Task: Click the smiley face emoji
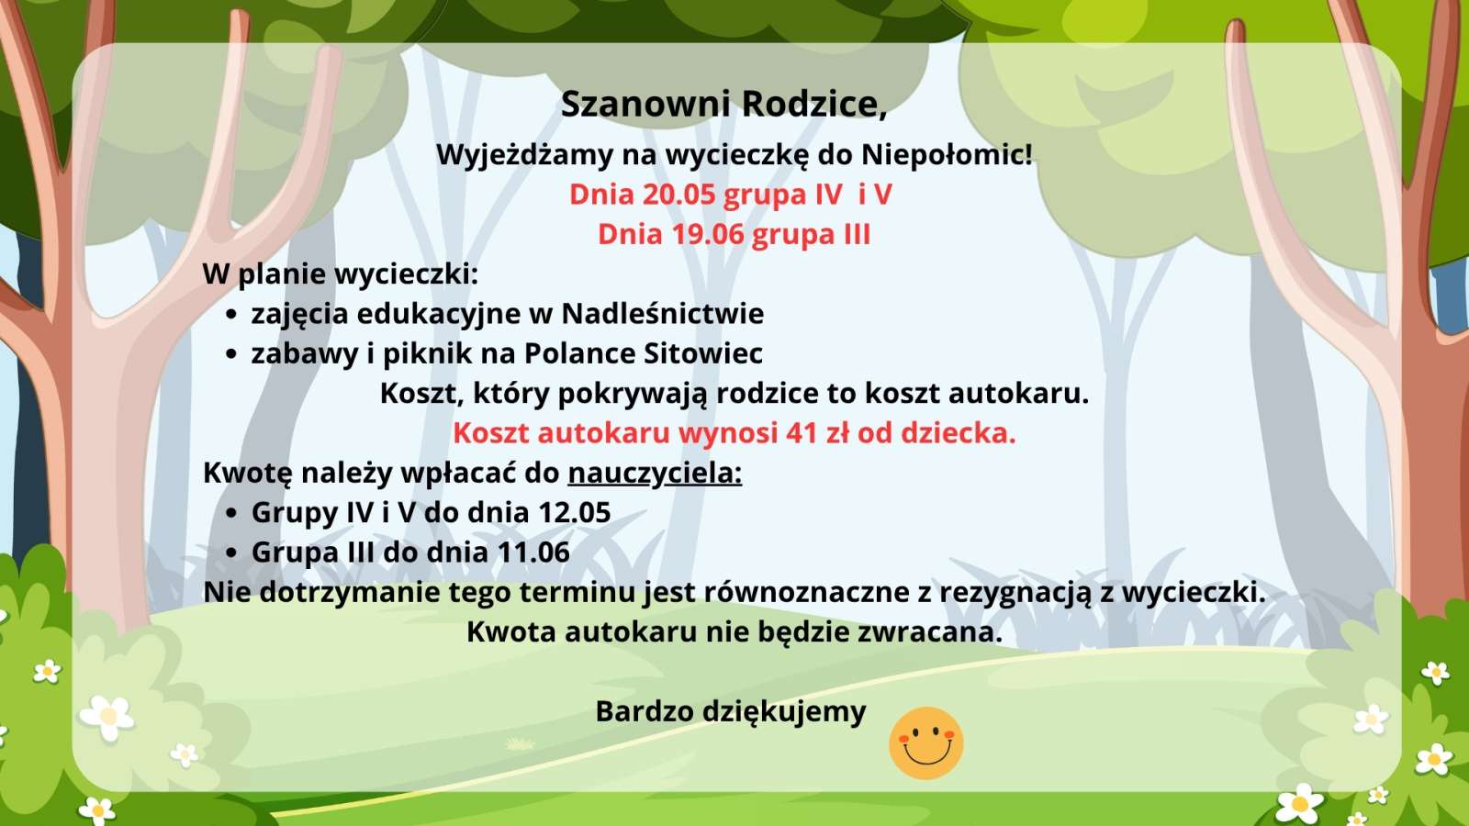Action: point(926,742)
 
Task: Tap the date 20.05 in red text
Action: point(678,195)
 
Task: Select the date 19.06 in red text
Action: point(708,235)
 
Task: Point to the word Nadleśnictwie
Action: point(663,313)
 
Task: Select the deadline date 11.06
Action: point(533,553)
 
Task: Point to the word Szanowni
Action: point(646,105)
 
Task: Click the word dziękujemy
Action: point(785,712)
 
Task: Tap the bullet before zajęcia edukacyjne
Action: point(230,316)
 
